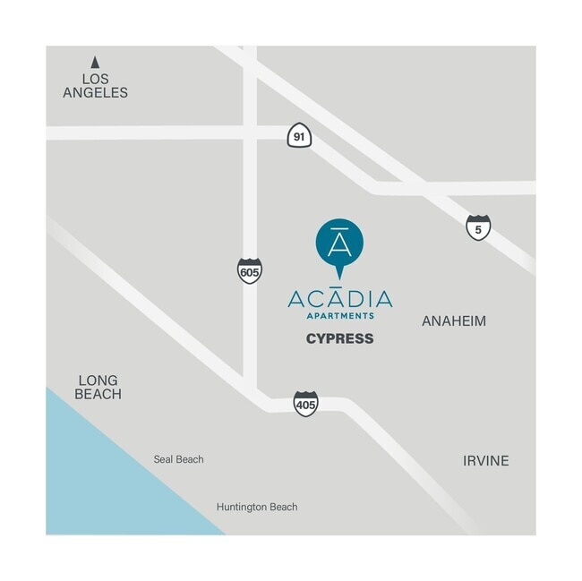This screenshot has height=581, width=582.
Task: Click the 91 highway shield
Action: click(299, 137)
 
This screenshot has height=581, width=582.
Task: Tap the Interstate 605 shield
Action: click(250, 270)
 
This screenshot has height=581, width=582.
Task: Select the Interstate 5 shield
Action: click(478, 227)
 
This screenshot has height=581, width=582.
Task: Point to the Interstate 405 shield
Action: click(305, 404)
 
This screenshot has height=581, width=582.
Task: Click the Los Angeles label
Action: click(95, 84)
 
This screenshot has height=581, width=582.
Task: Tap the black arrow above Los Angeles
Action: click(94, 62)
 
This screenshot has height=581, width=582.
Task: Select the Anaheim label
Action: click(454, 320)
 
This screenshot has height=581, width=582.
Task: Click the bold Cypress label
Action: click(339, 338)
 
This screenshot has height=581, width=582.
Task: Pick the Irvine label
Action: click(485, 461)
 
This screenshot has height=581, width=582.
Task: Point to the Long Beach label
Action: click(98, 387)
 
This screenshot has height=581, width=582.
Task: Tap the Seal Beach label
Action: click(178, 459)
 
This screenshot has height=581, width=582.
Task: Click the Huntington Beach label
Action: click(257, 507)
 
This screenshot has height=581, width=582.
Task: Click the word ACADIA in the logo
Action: click(339, 299)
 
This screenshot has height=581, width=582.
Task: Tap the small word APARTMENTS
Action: click(339, 316)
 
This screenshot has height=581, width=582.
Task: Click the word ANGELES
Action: click(95, 92)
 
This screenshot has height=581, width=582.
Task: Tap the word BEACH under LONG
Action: click(98, 394)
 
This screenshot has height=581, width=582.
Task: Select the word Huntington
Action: click(242, 507)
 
